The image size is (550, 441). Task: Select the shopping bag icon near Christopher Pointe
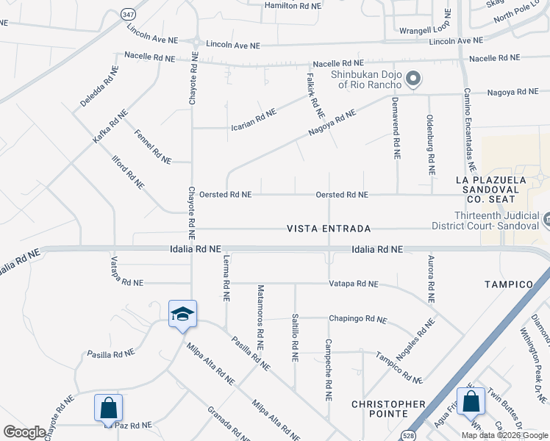(x=471, y=401)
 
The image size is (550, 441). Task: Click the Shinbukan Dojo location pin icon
(x=413, y=79)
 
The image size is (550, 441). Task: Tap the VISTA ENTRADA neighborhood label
(x=329, y=229)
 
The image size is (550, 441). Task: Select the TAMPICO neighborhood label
(x=508, y=284)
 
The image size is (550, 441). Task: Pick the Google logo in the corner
(x=24, y=432)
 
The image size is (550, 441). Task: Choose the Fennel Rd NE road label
(x=153, y=146)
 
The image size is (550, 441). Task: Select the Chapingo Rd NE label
(x=357, y=319)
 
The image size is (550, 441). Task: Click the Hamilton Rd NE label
(x=293, y=5)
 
